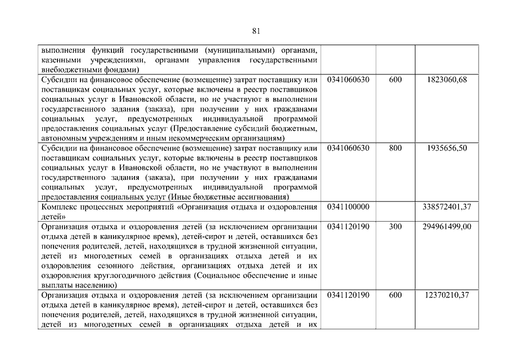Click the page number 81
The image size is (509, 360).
[x=256, y=31]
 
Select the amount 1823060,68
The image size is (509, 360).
[x=447, y=80]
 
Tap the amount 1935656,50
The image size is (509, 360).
[x=447, y=148]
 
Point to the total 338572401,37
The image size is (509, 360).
[x=447, y=207]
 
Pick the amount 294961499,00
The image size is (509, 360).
[x=447, y=227]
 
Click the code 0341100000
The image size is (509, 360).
[x=348, y=207]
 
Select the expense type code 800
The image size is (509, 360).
[x=395, y=148]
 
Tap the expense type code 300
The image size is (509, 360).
[x=395, y=227]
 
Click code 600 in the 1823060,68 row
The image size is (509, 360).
[x=395, y=80]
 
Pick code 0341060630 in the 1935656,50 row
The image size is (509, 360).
[x=348, y=148]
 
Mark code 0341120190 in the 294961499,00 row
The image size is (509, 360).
[x=348, y=227]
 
